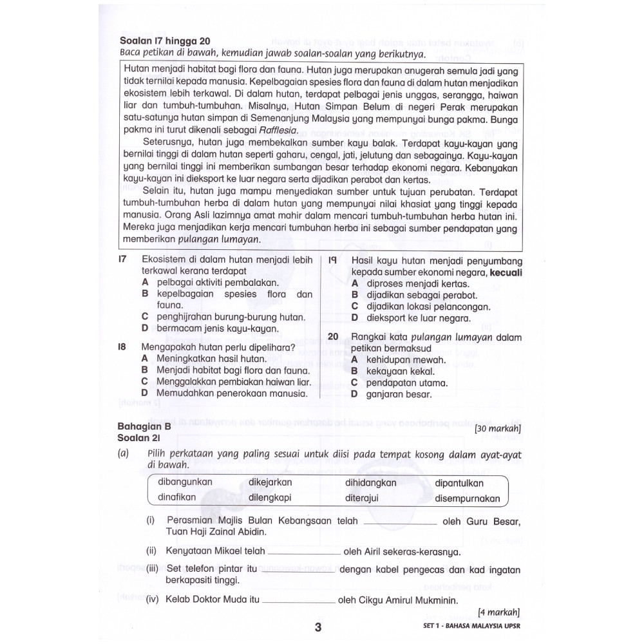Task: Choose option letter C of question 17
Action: (x=145, y=317)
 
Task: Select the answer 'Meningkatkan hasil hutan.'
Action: (x=211, y=359)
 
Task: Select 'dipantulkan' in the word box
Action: (x=459, y=483)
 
